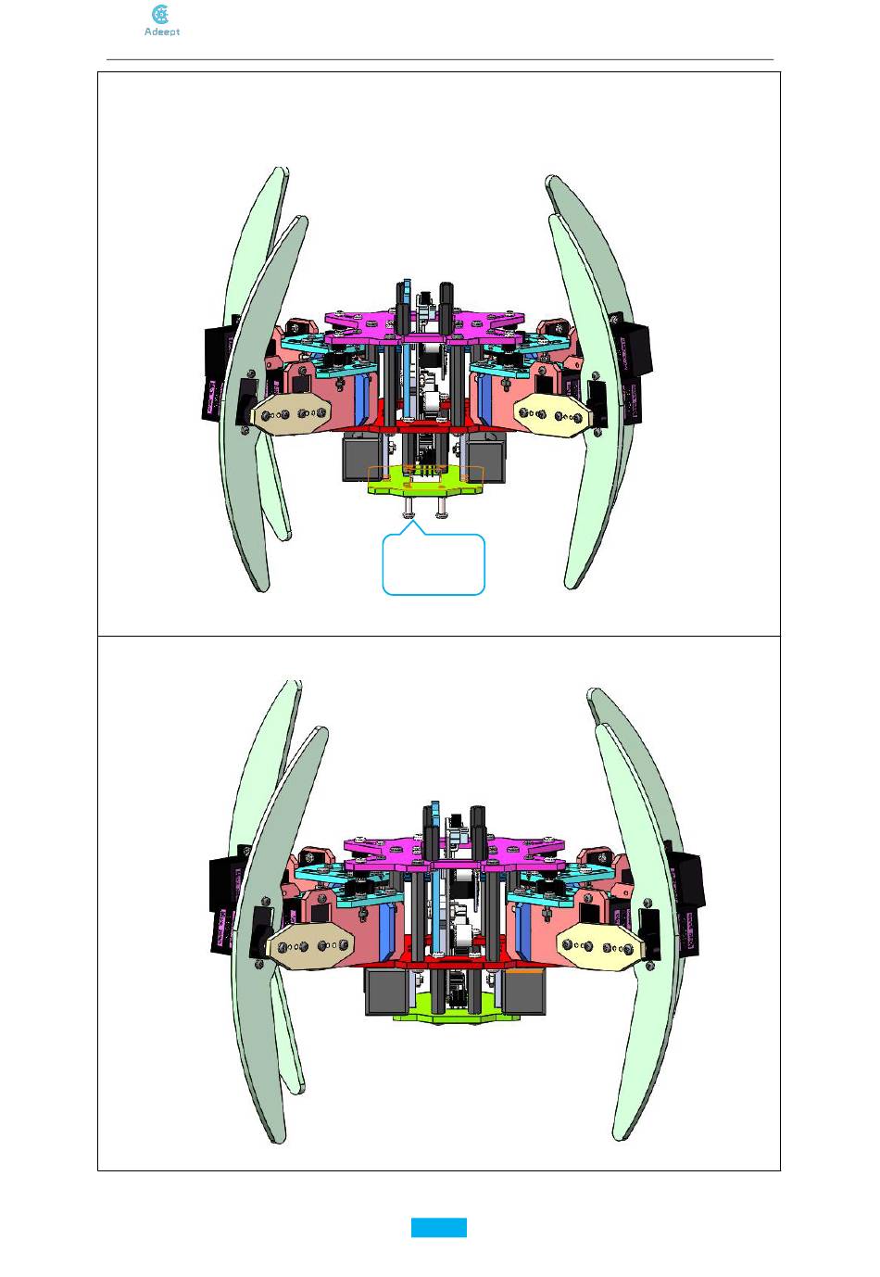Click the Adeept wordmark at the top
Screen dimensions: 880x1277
tap(162, 32)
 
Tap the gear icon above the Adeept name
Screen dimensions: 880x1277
tap(161, 14)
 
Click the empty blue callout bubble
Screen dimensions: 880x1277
tap(434, 563)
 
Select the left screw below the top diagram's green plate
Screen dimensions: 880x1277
tap(409, 506)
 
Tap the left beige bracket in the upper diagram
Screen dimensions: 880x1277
tap(290, 413)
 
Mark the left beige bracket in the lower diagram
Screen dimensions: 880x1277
tap(308, 946)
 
